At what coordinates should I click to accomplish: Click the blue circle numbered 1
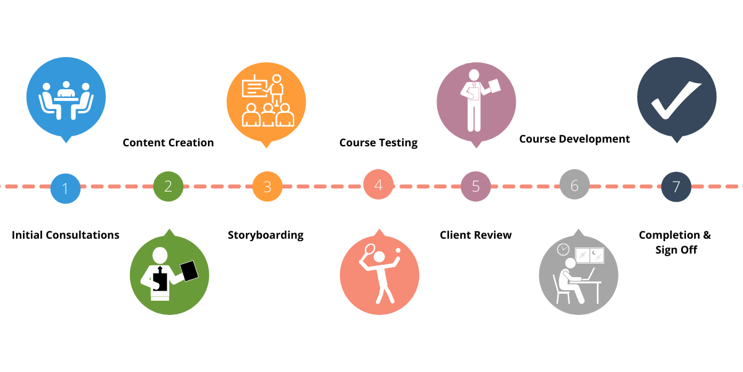(66, 187)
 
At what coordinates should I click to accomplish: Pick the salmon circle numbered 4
(378, 184)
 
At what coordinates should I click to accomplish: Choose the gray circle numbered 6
(575, 185)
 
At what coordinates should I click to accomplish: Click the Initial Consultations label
(66, 235)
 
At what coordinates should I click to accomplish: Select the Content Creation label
(168, 143)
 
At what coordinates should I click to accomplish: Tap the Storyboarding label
(266, 235)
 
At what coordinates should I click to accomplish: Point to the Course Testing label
(378, 143)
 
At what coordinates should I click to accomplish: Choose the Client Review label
(476, 235)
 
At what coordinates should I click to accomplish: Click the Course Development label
(575, 139)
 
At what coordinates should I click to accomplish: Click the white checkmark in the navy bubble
(676, 98)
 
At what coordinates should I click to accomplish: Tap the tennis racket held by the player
(369, 250)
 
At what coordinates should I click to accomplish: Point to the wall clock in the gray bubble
(563, 249)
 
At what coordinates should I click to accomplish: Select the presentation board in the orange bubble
(254, 88)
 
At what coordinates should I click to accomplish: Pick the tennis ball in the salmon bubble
(398, 250)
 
